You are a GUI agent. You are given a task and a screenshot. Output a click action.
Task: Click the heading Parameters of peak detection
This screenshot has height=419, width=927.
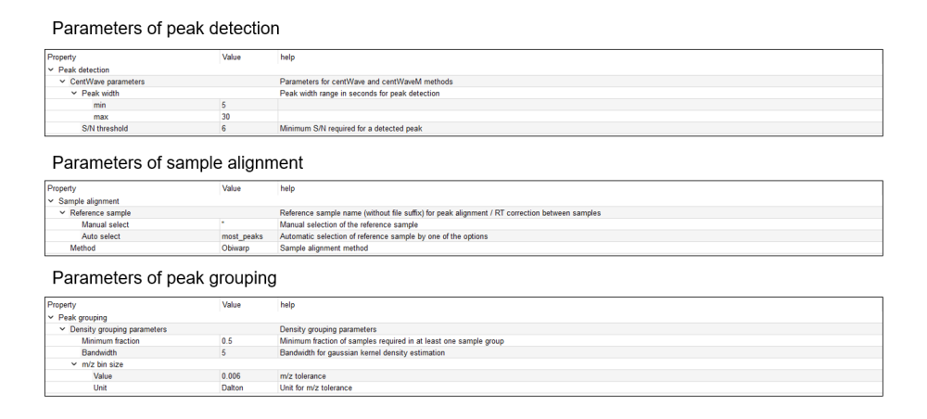point(165,30)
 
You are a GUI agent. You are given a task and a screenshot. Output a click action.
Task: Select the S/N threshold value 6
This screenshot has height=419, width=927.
point(224,129)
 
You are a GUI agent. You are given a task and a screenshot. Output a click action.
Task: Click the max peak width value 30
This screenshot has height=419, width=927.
point(226,117)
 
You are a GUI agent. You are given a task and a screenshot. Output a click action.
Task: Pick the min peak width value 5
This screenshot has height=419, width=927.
point(224,105)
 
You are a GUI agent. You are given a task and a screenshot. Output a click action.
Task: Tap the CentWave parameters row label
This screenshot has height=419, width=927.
point(108,82)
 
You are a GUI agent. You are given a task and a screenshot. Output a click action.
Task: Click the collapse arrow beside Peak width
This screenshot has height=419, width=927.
point(74,94)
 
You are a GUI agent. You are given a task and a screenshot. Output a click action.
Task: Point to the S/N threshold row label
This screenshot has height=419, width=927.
point(105,129)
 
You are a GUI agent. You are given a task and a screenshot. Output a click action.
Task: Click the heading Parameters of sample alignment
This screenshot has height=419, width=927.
point(177,163)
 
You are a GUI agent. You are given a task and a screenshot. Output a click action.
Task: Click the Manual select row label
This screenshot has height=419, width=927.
point(106,224)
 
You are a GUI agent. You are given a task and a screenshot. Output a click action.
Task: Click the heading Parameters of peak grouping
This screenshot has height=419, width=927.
point(164,278)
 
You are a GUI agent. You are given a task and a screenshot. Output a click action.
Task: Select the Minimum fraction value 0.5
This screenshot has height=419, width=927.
point(228,341)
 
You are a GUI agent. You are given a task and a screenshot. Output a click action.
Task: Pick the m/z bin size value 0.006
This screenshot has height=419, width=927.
point(233,376)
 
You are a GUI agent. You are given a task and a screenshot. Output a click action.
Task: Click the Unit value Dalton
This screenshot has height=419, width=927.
point(234,388)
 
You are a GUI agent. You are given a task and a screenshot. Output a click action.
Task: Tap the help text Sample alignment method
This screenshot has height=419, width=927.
point(324,248)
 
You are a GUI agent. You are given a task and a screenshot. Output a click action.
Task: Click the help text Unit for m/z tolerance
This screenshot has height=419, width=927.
point(316,388)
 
